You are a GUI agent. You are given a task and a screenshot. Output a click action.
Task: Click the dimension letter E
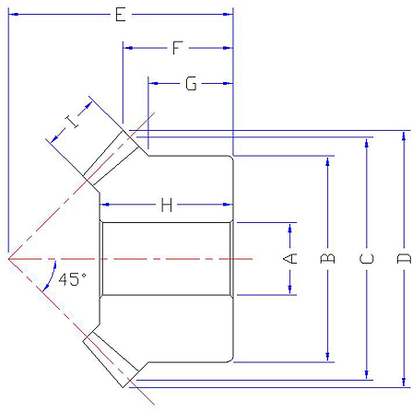tap(121, 15)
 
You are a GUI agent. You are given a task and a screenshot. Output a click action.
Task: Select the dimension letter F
tap(177, 48)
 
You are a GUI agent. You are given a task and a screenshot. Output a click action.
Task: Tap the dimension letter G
tap(191, 84)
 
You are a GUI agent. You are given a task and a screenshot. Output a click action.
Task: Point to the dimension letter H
tap(167, 205)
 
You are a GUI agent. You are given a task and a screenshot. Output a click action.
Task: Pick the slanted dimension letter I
tap(72, 122)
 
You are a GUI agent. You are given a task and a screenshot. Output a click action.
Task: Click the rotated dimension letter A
tap(289, 258)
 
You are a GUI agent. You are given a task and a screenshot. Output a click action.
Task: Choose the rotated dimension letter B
tap(327, 258)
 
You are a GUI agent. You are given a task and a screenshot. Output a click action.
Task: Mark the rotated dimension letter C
tap(366, 258)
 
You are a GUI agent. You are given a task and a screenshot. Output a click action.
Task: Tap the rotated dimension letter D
tap(404, 258)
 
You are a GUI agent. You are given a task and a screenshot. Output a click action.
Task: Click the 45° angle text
tap(72, 279)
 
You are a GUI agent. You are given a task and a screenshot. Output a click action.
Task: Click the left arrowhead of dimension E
tap(14, 14)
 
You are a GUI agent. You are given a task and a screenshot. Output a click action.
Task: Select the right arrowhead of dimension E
tap(228, 14)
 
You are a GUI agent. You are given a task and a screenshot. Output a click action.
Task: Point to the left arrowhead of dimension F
tap(128, 48)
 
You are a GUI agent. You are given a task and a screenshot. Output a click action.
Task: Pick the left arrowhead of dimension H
tap(105, 205)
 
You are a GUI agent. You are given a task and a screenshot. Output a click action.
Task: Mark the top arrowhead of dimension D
tap(404, 135)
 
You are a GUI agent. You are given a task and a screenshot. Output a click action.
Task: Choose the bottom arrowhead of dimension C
tap(366, 375)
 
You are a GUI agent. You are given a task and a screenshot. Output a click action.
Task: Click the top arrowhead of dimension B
tap(327, 161)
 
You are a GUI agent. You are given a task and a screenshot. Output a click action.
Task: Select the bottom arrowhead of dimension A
tap(289, 289)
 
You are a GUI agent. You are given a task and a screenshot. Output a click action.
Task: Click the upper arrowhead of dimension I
tap(88, 105)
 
